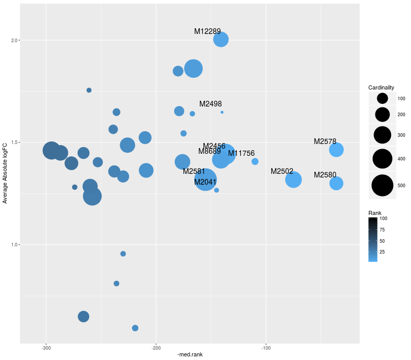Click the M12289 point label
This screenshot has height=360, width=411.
pos(207,31)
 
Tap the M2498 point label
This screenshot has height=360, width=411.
pos(210,104)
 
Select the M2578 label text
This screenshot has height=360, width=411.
pos(325,141)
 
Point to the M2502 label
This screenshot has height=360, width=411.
pos(282,171)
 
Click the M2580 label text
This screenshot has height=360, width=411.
pos(325,175)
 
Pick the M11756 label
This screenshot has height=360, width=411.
pos(241,153)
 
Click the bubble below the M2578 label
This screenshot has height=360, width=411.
pos(336,150)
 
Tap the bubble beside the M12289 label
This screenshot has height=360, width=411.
pos(221,40)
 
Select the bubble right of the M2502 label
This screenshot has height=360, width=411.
pos(293,179)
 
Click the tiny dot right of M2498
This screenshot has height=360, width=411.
pos(222,112)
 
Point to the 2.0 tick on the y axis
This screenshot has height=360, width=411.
pos(15,40)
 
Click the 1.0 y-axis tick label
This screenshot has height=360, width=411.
pos(15,245)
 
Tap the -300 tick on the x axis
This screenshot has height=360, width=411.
pos(47,348)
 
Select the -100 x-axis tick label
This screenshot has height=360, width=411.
pos(266,348)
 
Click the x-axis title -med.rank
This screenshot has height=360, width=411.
pos(190,355)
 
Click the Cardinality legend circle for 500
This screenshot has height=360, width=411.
pos(382,186)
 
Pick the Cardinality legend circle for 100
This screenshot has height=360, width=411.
pos(382,98)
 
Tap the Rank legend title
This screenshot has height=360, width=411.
pos(375,213)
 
